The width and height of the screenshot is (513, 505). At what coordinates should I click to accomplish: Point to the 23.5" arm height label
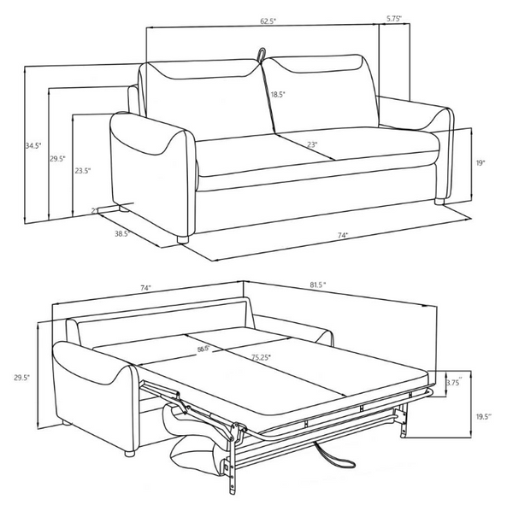(83, 171)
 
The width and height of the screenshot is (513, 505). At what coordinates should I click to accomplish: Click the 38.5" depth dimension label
(121, 233)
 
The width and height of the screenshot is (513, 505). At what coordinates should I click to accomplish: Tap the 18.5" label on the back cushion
(278, 95)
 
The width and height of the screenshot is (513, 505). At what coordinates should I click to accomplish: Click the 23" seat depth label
(314, 146)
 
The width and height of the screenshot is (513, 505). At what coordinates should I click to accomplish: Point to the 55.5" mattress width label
(204, 349)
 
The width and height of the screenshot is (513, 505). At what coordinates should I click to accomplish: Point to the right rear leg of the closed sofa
(439, 203)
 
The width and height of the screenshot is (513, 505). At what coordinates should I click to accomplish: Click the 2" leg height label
(94, 209)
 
